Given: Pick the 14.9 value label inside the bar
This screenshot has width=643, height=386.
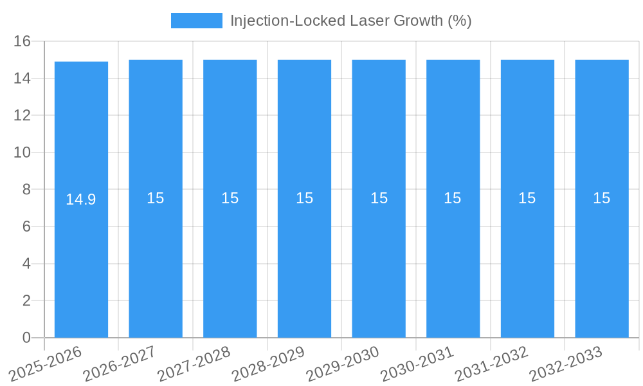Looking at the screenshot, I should (x=81, y=199).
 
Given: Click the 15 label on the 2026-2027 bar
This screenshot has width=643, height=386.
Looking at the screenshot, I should (x=156, y=198).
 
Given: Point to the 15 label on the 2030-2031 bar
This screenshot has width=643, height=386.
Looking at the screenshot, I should (x=453, y=198).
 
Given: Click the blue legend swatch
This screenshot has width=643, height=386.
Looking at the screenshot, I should (x=196, y=21).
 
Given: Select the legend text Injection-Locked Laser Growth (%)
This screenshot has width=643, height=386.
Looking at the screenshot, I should (x=350, y=21).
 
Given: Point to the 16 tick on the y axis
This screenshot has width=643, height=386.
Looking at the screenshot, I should (x=23, y=42).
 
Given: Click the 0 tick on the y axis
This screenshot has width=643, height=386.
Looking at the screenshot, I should (x=26, y=338).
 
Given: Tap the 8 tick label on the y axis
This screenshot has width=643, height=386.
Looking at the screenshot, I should (x=26, y=190).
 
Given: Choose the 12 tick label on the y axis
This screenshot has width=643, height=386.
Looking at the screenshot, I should (x=23, y=116).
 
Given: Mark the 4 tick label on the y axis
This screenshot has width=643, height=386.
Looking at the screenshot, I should (x=26, y=264).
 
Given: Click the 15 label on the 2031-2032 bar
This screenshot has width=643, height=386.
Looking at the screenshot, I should (x=527, y=198).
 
